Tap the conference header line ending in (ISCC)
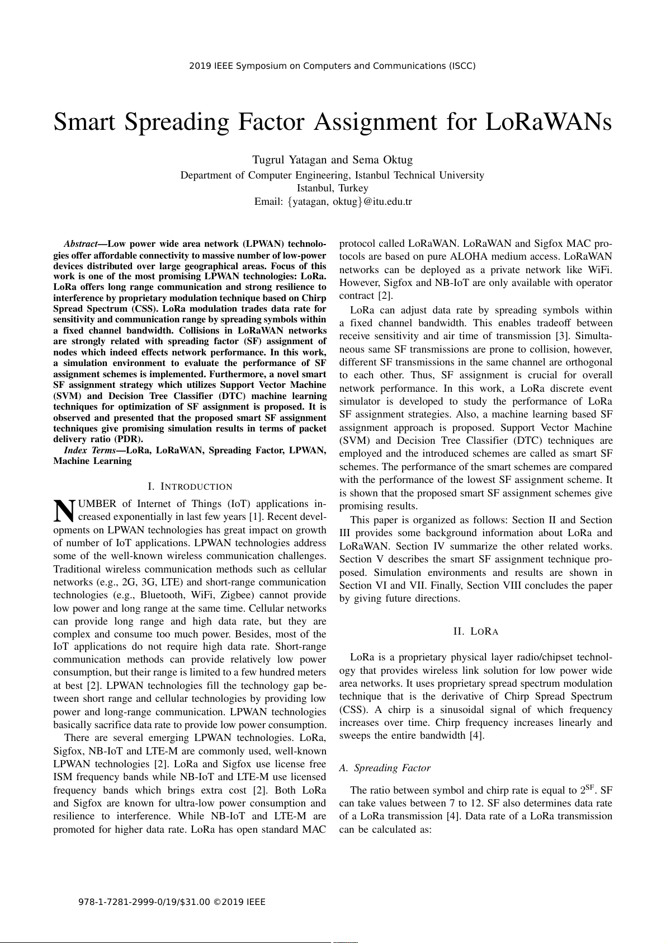(x=332, y=66)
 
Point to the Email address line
(x=333, y=201)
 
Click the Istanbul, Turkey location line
(x=332, y=188)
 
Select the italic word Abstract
(x=81, y=244)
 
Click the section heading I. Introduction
(x=190, y=487)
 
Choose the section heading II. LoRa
(x=475, y=632)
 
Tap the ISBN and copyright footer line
(x=172, y=902)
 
